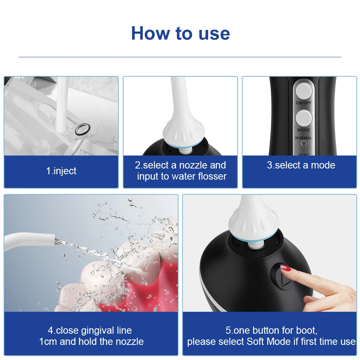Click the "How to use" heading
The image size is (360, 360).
pyautogui.click(x=180, y=33)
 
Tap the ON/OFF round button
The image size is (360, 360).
pyautogui.click(x=303, y=91)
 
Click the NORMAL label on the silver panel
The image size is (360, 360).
pyautogui.click(x=303, y=138)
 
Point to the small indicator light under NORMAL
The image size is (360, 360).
pyautogui.click(x=303, y=144)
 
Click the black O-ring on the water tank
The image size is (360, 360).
pyautogui.click(x=83, y=129)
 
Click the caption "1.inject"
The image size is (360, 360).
pyautogui.click(x=61, y=171)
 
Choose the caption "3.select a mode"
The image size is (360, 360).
pyautogui.click(x=301, y=165)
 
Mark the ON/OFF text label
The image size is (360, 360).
pyautogui.click(x=303, y=103)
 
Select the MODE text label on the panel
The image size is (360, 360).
pyautogui.click(x=303, y=130)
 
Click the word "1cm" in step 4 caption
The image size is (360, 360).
pyautogui.click(x=48, y=342)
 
